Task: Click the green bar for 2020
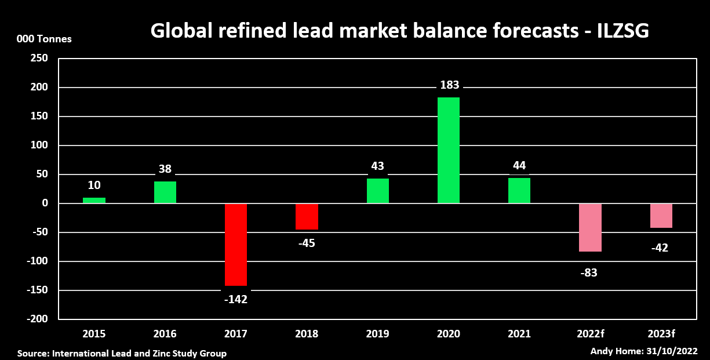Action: click(449, 150)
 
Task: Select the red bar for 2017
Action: click(236, 245)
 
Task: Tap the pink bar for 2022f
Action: click(590, 227)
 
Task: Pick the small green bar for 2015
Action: click(94, 201)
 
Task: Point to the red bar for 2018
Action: click(307, 216)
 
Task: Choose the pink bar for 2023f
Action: click(661, 216)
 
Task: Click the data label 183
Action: click(449, 85)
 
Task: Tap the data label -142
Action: click(236, 300)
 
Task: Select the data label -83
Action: click(589, 272)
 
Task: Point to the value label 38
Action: click(165, 169)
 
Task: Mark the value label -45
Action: click(307, 243)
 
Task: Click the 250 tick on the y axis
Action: click(39, 59)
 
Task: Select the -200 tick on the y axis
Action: click(37, 319)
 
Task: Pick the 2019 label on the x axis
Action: click(377, 334)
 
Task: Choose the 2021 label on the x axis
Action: click(519, 334)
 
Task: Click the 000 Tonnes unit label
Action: click(45, 39)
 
